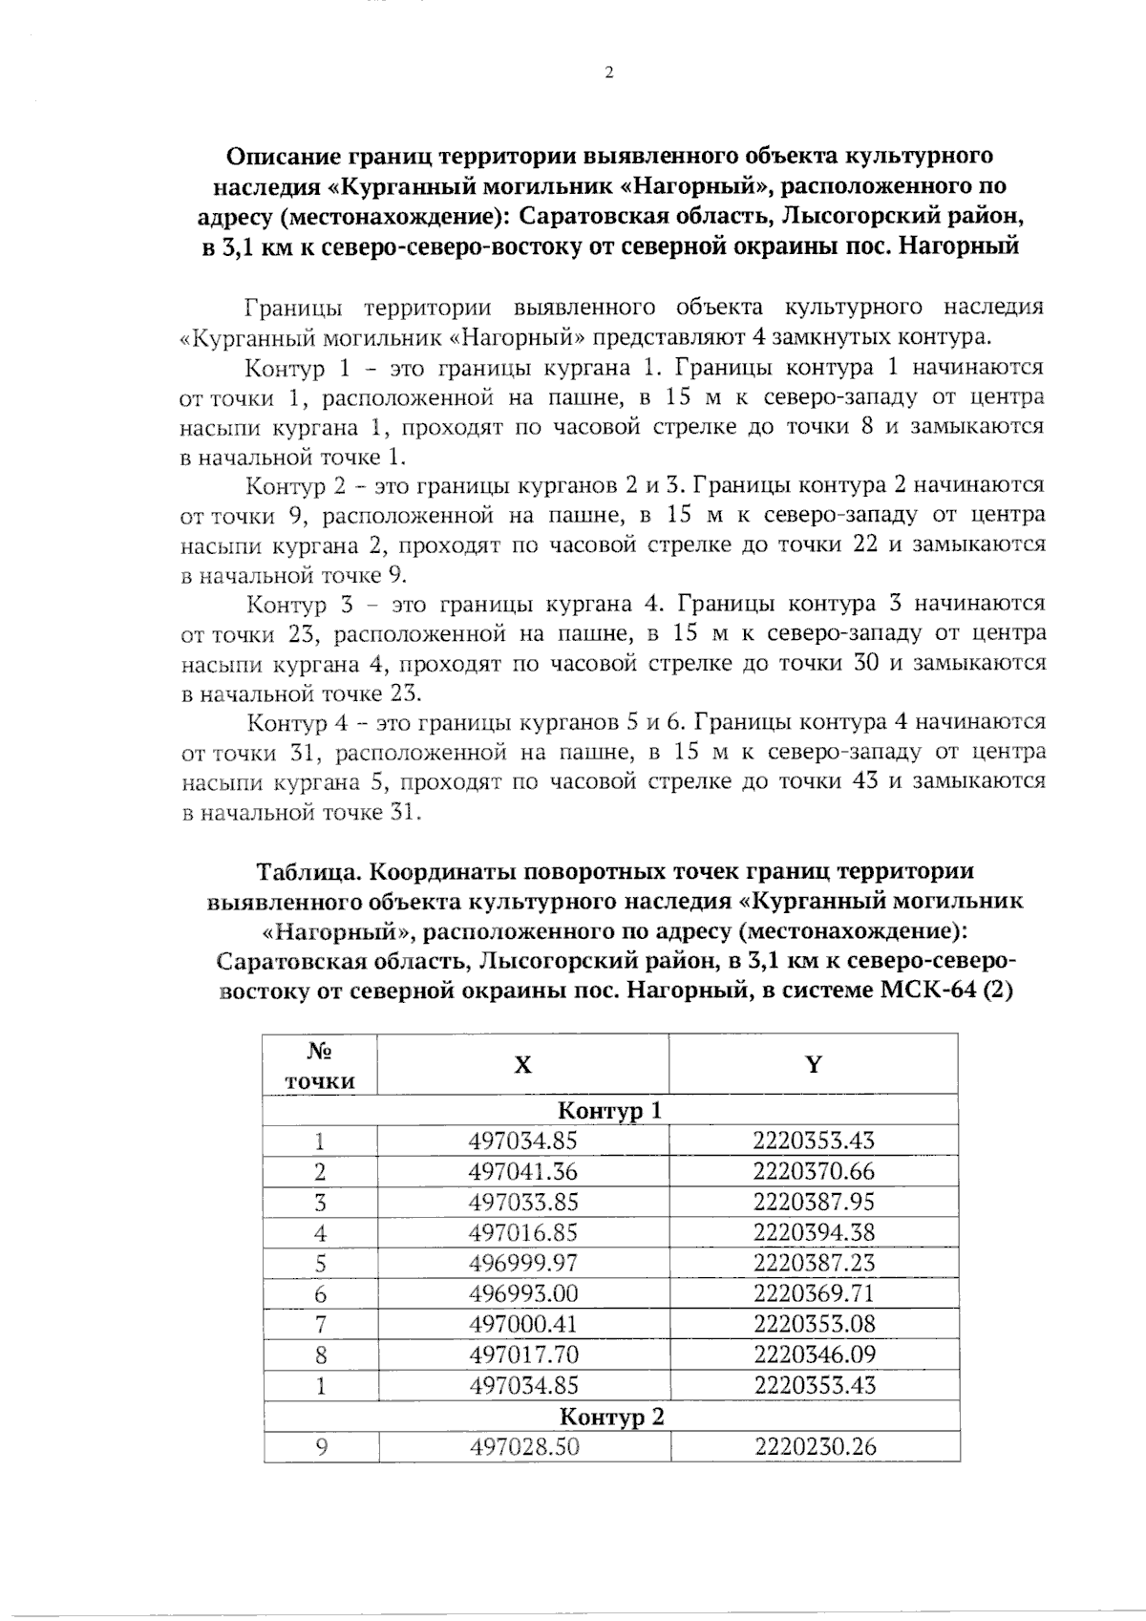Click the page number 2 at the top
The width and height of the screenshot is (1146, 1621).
[x=608, y=73]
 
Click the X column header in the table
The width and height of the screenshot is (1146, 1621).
[x=522, y=1065]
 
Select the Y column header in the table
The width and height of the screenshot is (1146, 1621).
[x=813, y=1064]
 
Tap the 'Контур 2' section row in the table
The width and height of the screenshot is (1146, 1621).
[x=610, y=1416]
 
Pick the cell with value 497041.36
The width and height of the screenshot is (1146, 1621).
[x=523, y=1171]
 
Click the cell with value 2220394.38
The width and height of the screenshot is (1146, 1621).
[x=814, y=1232]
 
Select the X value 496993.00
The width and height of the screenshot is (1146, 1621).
[x=523, y=1293]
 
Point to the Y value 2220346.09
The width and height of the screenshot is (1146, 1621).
[x=814, y=1354]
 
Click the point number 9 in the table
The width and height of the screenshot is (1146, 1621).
[x=321, y=1446]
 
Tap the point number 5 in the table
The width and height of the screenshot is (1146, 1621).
[x=320, y=1263]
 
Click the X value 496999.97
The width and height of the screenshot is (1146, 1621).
[x=523, y=1263]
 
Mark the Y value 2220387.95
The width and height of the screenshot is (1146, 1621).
[x=814, y=1202]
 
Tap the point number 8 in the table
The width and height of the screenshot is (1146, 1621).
[x=320, y=1354]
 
